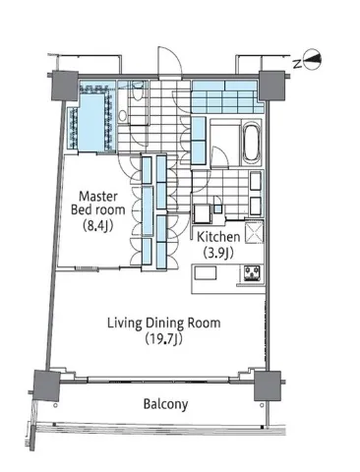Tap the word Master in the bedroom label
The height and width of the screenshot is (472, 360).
pyautogui.click(x=98, y=197)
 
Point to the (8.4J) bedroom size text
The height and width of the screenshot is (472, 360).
pyautogui.click(x=98, y=225)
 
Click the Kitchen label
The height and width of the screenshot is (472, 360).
pyautogui.click(x=218, y=237)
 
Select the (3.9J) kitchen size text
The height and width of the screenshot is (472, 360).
pyautogui.click(x=218, y=253)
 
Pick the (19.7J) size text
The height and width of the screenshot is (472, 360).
pyautogui.click(x=163, y=339)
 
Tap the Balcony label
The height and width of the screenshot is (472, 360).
pyautogui.click(x=165, y=404)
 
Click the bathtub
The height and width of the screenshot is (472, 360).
pyautogui.click(x=252, y=143)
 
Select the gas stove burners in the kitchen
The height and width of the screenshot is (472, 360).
pyautogui.click(x=252, y=273)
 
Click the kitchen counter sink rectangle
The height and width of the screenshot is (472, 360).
pyautogui.click(x=206, y=273)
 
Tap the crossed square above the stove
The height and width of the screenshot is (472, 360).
pyautogui.click(x=254, y=232)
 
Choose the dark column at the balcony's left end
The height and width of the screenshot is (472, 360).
pyautogui.click(x=46, y=385)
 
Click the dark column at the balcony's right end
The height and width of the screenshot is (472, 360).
pyautogui.click(x=268, y=385)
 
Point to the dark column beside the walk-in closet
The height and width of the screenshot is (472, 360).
pyautogui.click(x=65, y=86)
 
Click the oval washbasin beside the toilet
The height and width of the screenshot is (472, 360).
pyautogui.click(x=123, y=115)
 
